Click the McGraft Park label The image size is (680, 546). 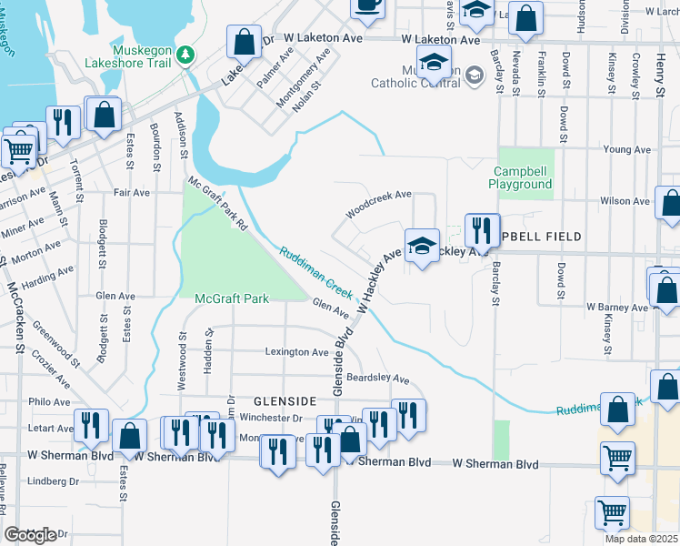click(231, 298)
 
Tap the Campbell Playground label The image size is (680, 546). click(524, 177)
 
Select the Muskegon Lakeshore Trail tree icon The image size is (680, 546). click(185, 55)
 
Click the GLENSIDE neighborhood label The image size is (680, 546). click(284, 400)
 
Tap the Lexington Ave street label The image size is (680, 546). click(296, 352)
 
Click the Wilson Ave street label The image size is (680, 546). click(625, 201)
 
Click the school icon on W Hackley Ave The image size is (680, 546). click(422, 248)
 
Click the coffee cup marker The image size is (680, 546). click(367, 5)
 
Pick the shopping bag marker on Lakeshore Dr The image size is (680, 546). click(243, 42)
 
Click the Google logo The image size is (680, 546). click(30, 535)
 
